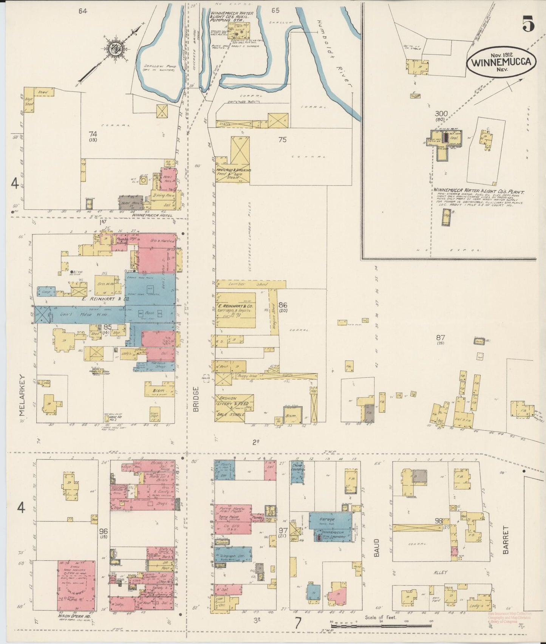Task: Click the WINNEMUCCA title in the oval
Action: tap(501, 62)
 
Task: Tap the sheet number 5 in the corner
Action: tap(528, 25)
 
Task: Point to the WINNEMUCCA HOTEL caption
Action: tap(150, 215)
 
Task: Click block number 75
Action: tap(282, 139)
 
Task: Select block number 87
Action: tap(441, 338)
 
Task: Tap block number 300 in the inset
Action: tap(441, 113)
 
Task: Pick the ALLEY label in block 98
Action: tap(440, 572)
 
